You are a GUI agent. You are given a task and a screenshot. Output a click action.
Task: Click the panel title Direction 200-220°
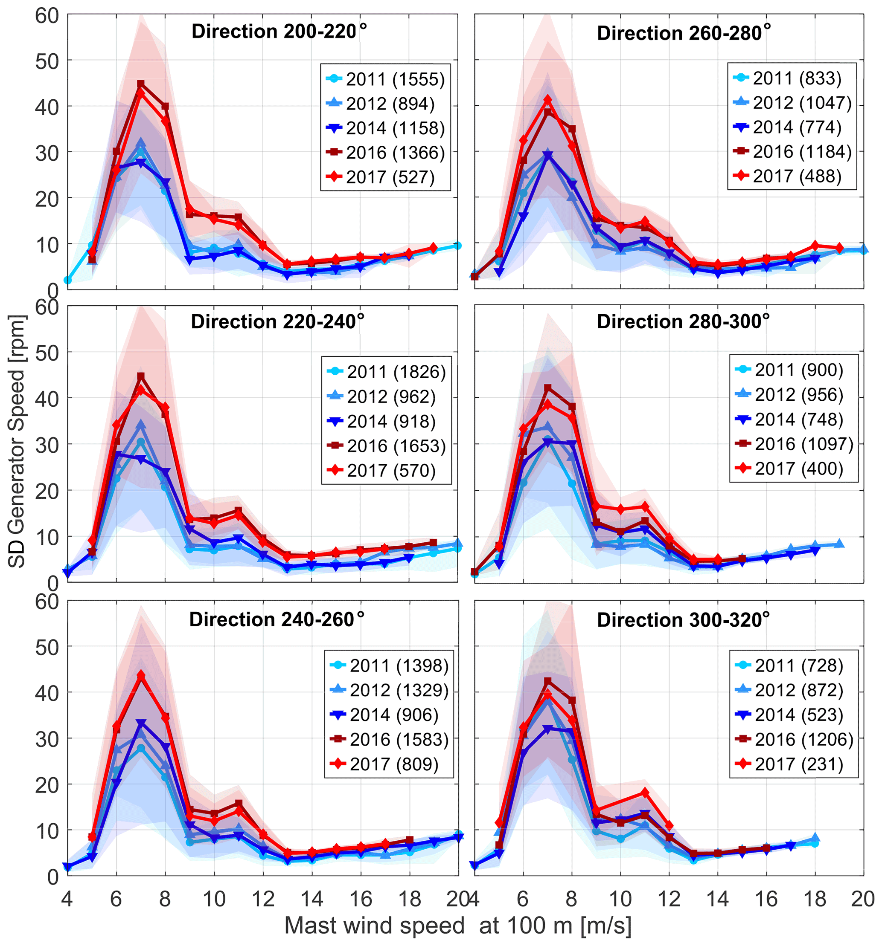(279, 32)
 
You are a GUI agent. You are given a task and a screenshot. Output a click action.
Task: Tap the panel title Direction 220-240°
(277, 322)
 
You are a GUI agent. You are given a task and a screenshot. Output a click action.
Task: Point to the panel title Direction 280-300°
(682, 322)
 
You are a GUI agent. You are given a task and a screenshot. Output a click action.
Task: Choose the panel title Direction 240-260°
(276, 620)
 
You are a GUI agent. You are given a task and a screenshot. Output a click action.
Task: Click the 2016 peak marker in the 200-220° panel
(140, 84)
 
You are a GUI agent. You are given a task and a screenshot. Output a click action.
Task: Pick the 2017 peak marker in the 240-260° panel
(140, 676)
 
